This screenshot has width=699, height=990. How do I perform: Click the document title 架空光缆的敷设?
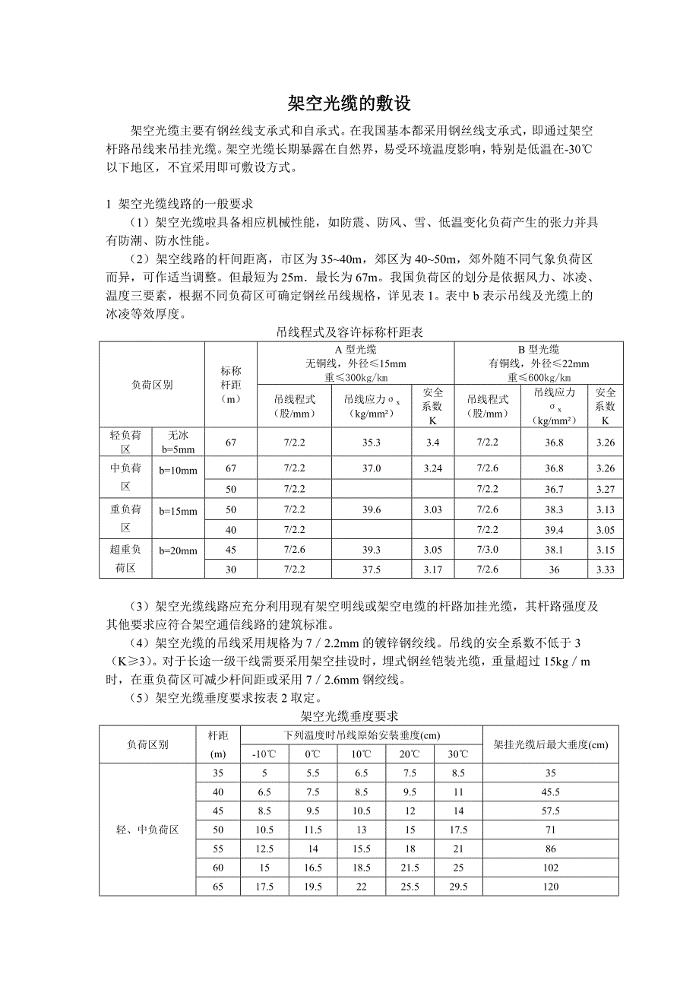pos(349,104)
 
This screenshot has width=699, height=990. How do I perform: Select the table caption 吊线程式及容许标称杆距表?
pos(349,332)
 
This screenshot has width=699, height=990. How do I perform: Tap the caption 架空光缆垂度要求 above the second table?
pos(349,716)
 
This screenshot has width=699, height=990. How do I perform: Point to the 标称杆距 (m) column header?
pos(231,385)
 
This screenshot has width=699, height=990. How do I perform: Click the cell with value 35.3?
pos(371,442)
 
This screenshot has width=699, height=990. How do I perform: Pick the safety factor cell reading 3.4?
pos(433,442)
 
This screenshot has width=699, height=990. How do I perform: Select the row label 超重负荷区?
pos(125,558)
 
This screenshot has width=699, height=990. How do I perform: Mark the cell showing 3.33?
pos(606,570)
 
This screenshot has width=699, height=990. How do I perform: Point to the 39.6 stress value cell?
pos(371,509)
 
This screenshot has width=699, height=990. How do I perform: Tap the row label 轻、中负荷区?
pos(147,830)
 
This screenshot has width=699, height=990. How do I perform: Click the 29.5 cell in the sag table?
pos(458,887)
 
